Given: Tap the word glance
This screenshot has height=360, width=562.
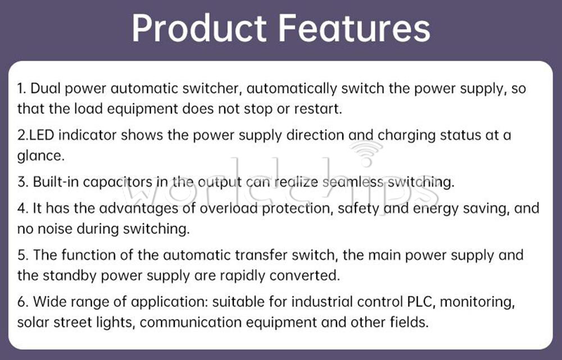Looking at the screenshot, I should point(39,156).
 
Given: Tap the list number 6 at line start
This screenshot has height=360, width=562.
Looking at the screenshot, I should point(21,302).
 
